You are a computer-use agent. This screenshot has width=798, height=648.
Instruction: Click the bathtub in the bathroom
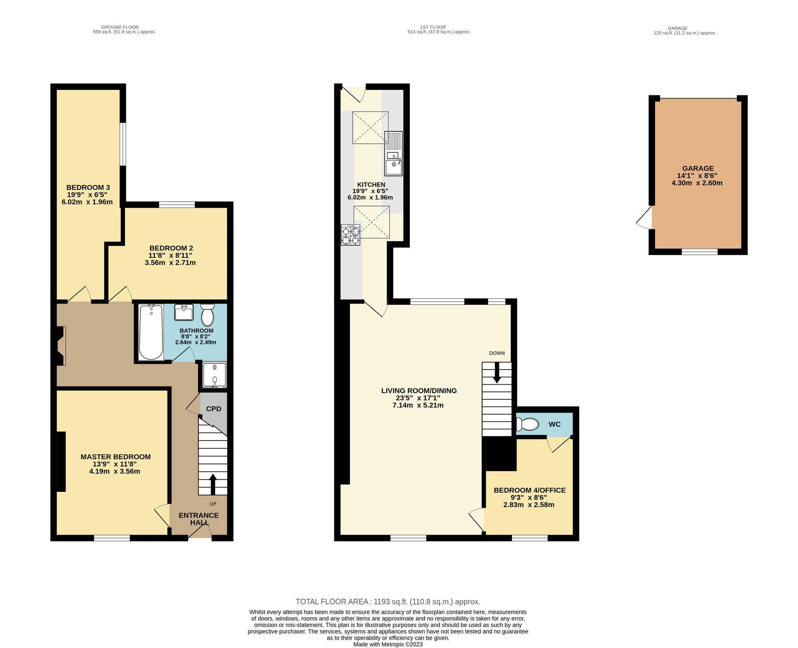click(151, 332)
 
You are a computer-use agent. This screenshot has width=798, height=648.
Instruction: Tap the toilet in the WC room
click(527, 424)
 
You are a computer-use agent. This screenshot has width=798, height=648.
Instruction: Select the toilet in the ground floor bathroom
click(207, 315)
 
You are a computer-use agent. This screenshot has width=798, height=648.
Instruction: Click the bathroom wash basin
click(184, 312)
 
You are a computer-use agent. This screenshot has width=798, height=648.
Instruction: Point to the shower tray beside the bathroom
click(215, 375)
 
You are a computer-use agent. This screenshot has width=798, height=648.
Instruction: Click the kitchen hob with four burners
click(350, 235)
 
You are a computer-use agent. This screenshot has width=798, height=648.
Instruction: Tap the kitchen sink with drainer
click(393, 154)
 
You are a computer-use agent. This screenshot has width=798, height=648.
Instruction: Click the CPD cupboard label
click(213, 409)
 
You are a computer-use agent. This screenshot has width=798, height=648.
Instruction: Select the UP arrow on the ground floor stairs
click(213, 484)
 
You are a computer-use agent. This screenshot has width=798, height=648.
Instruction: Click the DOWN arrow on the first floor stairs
click(497, 373)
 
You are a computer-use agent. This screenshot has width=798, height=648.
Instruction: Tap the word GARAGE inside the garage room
click(698, 168)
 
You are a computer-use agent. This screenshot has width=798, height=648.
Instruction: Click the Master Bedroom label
click(116, 457)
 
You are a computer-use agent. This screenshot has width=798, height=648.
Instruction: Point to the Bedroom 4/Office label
click(530, 490)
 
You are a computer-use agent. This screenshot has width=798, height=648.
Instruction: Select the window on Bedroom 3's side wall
click(123, 144)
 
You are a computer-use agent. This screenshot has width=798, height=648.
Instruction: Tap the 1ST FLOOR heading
click(433, 27)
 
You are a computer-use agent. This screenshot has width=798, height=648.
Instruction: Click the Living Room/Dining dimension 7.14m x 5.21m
click(418, 405)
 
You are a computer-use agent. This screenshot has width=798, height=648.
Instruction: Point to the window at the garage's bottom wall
click(699, 252)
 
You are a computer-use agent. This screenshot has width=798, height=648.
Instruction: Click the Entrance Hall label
click(199, 519)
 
